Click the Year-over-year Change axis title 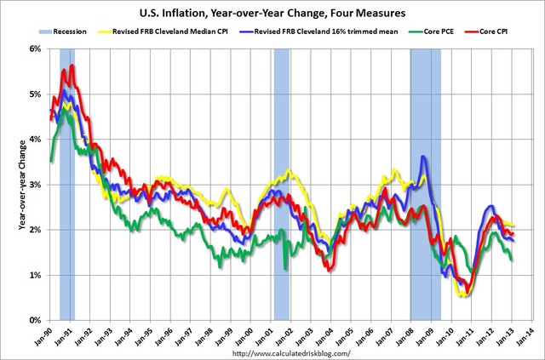click(x=13, y=185)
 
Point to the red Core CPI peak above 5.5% click(x=72, y=66)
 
